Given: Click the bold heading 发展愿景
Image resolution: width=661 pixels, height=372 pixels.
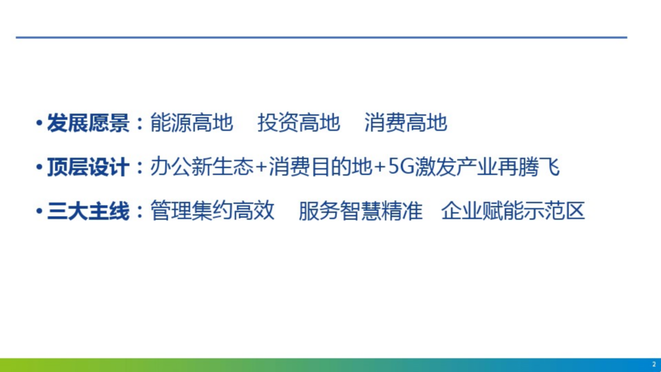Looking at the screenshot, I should click(x=88, y=123).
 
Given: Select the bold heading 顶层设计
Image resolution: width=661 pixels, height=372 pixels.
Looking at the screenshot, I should click(x=88, y=167).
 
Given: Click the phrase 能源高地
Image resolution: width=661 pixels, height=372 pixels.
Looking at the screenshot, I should click(x=192, y=123).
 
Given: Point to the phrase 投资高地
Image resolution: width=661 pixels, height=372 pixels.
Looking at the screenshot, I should click(x=299, y=123).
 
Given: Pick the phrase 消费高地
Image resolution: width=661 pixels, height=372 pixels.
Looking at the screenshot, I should click(x=406, y=123).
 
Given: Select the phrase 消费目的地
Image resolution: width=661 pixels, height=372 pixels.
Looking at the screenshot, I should click(x=320, y=167).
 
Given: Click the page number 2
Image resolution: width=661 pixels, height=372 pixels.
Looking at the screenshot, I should click(x=654, y=364).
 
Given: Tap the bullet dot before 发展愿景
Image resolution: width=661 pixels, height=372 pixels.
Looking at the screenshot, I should click(x=39, y=123).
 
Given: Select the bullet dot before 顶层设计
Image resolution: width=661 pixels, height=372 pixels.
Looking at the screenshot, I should click(x=39, y=167).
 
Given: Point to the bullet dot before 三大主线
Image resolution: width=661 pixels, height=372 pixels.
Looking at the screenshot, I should click(x=39, y=211).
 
